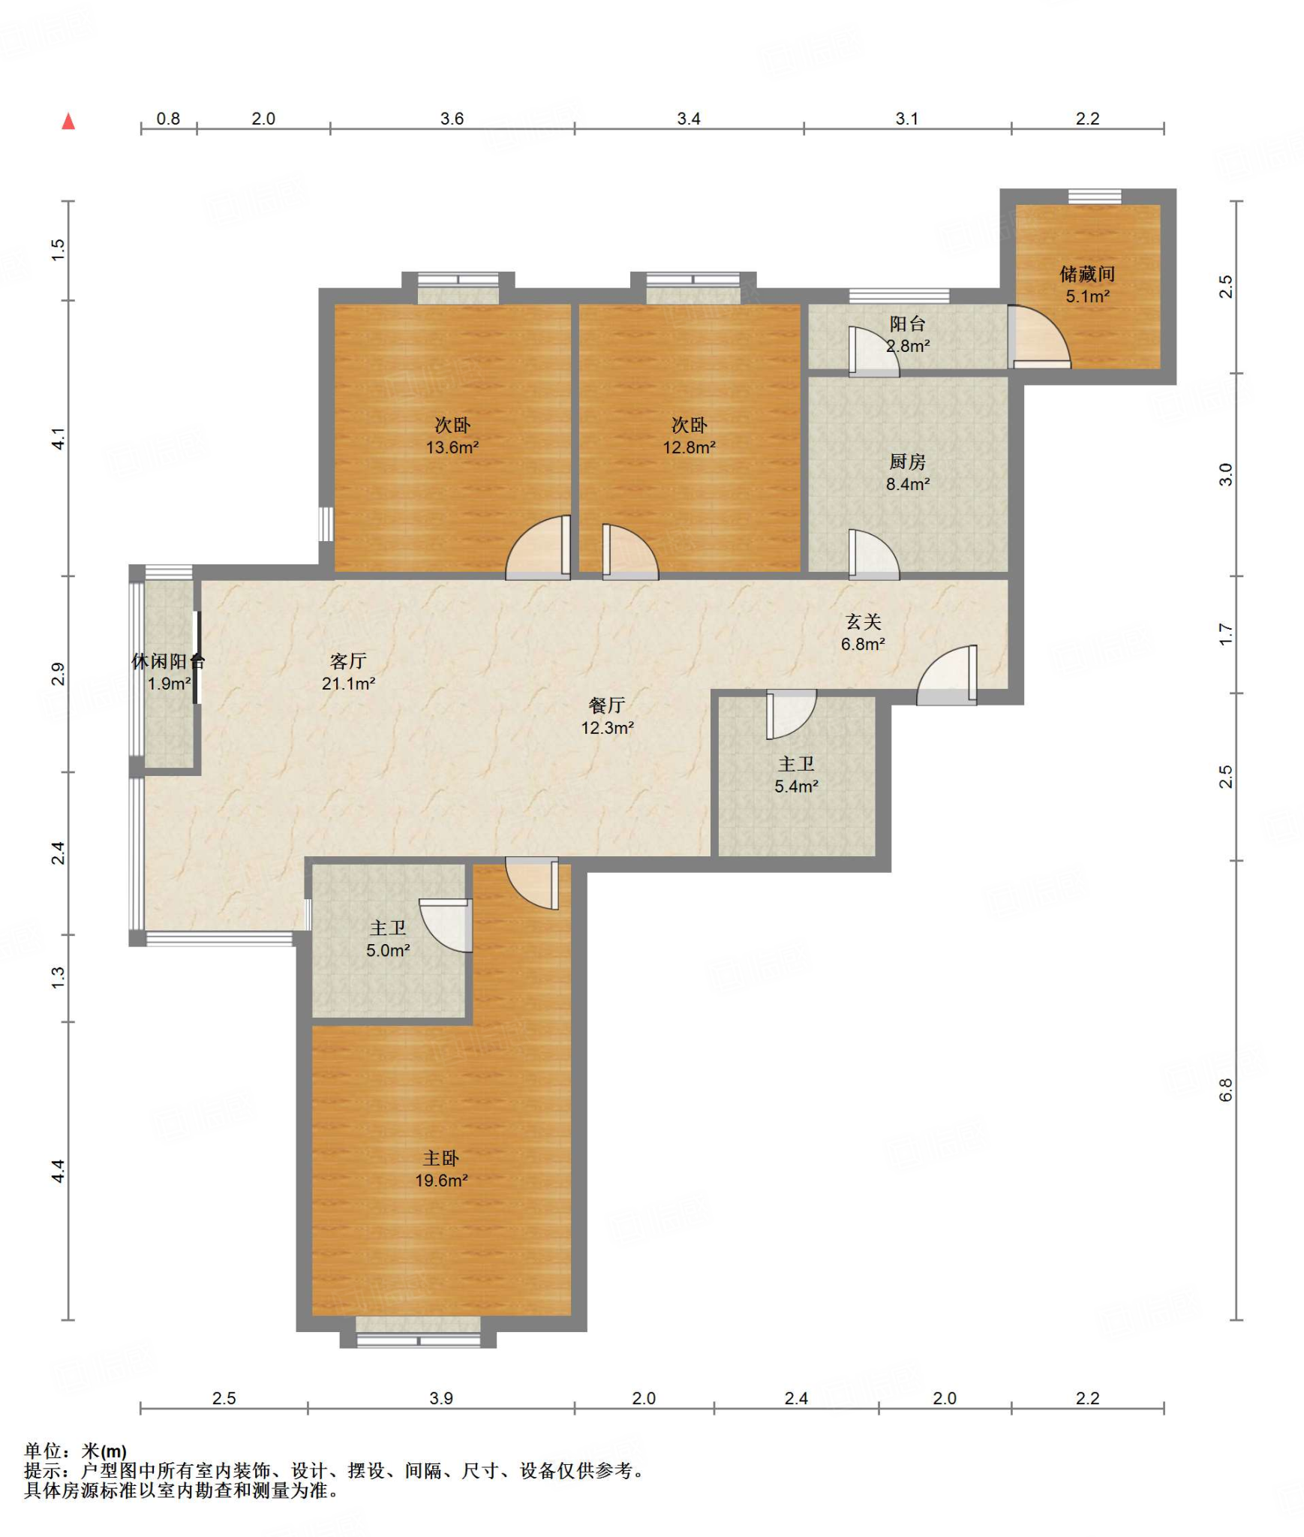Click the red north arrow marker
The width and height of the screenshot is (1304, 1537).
coord(68,121)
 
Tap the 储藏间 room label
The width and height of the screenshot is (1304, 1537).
coord(1087,274)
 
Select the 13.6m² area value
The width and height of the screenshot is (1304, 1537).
coord(452,447)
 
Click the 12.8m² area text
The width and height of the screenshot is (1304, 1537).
coord(689,447)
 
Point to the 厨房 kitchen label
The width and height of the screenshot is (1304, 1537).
coord(908,462)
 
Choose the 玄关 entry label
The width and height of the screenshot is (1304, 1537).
coord(863,621)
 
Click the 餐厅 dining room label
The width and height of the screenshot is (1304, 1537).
coord(607,705)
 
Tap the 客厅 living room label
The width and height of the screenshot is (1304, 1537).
coord(348,660)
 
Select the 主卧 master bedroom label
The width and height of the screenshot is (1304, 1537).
coord(441,1158)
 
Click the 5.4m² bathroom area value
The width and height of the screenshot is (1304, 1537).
coord(796,786)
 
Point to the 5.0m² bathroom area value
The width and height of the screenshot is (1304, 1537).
coord(388,950)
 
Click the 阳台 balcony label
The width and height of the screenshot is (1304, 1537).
coord(908,323)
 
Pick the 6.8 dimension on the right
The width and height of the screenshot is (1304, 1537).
coord(1226,1090)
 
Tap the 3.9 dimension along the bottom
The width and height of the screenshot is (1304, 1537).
coord(441,1398)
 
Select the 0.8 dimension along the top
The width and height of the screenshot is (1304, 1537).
coord(168,119)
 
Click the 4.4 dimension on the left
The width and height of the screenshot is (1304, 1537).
coord(59,1172)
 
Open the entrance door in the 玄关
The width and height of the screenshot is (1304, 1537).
coord(947,675)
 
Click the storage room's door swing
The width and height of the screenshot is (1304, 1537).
coord(1039,336)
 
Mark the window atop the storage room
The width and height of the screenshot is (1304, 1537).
coord(1095,197)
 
